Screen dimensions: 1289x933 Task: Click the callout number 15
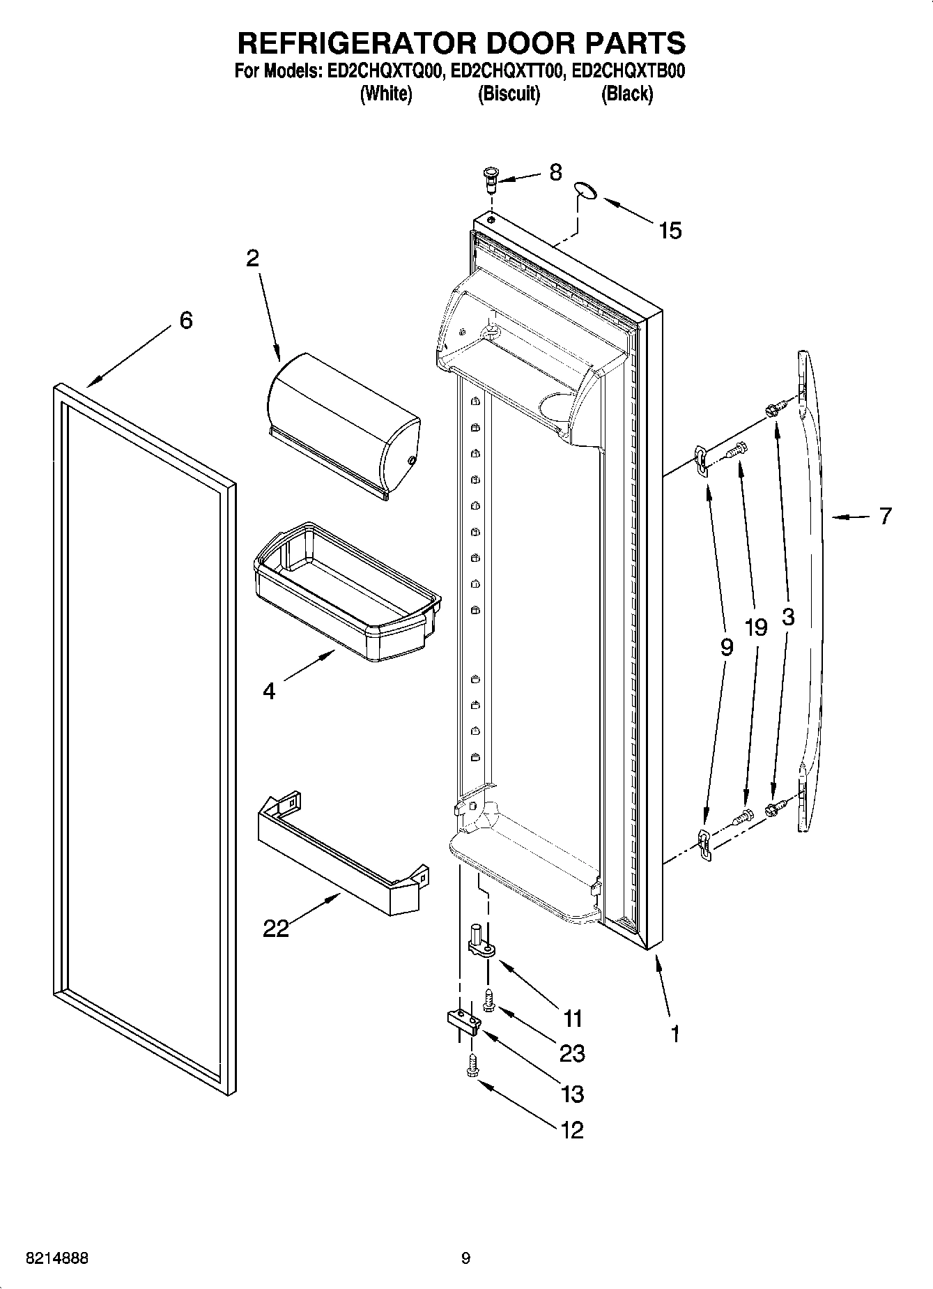click(670, 230)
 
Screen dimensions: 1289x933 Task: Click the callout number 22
click(276, 929)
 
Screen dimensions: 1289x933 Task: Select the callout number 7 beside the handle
click(885, 516)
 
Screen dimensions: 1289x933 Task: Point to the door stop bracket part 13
click(463, 1021)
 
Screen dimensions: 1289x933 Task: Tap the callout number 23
click(572, 1053)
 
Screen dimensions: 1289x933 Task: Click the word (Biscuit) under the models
click(509, 93)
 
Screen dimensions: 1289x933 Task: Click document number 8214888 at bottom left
click(56, 1258)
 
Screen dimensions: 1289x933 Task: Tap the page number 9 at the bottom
click(465, 1258)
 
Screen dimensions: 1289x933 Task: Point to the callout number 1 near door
click(674, 1033)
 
